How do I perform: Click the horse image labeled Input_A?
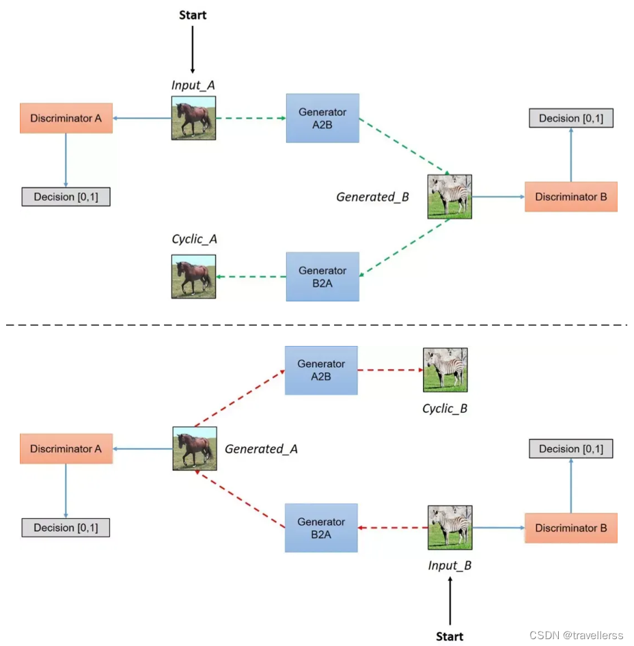click(193, 118)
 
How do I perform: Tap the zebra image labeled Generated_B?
click(450, 196)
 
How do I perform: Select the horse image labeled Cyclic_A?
click(193, 276)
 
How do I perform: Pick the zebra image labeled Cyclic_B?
click(445, 370)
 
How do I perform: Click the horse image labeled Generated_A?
click(195, 448)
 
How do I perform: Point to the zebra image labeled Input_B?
click(450, 527)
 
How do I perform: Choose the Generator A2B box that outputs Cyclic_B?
click(321, 370)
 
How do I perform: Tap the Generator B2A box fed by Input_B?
click(321, 527)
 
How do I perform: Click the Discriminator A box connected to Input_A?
click(66, 118)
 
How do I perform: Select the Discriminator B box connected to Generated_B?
click(570, 197)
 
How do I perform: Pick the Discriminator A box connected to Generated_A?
click(66, 449)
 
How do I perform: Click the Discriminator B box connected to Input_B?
click(570, 528)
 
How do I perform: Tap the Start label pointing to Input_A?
click(193, 14)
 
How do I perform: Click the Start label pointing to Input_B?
click(450, 636)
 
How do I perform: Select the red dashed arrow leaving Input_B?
click(393, 528)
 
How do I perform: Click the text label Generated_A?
click(261, 449)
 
